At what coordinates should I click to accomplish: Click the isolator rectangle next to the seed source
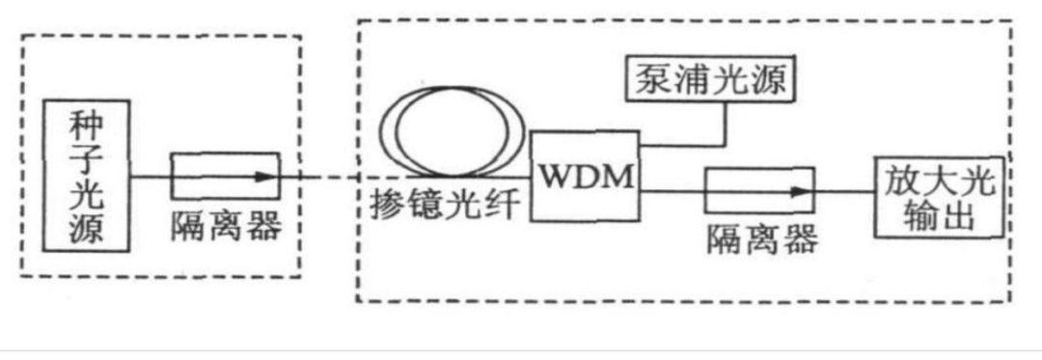coord(225,178)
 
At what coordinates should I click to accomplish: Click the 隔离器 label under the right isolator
coord(761,238)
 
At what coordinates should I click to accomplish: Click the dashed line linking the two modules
coord(328,178)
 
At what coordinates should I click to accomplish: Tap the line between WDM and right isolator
coord(672,192)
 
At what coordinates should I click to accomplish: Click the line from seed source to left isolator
coord(150,178)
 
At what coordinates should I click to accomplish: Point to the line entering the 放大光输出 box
coord(844,192)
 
